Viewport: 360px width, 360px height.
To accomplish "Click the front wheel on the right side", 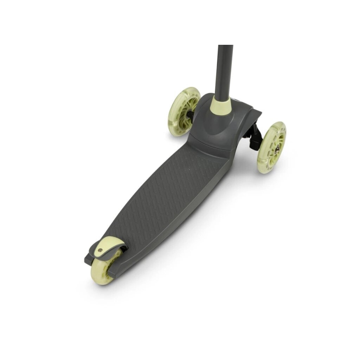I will (271, 147).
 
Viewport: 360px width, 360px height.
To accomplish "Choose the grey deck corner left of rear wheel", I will (88, 260).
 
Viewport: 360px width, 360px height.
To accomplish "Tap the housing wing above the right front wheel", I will (251, 114).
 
